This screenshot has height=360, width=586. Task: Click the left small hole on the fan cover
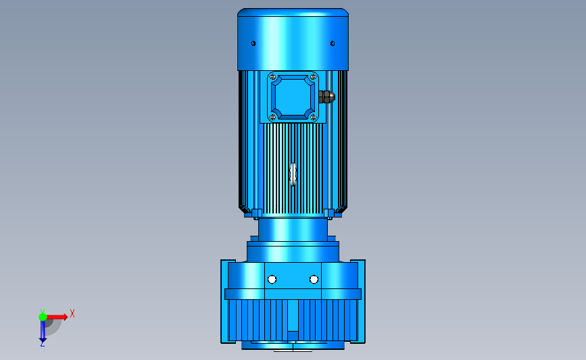253,43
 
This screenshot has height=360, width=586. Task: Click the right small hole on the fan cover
333,43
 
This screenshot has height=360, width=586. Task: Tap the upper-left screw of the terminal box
272,77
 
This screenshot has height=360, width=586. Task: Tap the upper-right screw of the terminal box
313,77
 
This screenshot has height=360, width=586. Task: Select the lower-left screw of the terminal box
272,118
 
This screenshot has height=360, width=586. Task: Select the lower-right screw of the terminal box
313,118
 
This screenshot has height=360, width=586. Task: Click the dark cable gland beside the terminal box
326,97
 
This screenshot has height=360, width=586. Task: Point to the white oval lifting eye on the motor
293,174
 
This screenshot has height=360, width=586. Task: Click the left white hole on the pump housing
272,280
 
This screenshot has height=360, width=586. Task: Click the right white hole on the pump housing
314,280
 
